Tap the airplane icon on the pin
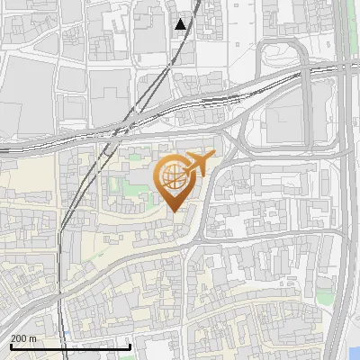(198, 165)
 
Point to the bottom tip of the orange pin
(174, 211)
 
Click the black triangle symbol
(181, 24)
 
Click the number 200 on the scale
(18, 338)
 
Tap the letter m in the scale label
(33, 338)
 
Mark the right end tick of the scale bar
(131, 346)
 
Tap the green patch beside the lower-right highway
(325, 293)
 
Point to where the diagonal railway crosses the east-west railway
(117, 132)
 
